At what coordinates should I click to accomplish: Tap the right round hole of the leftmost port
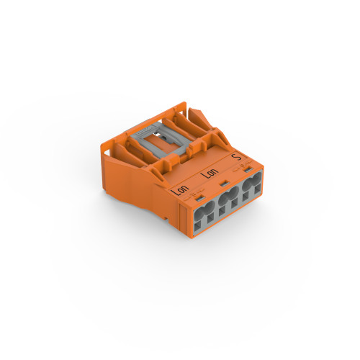209,209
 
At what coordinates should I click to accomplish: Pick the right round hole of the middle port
234,194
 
